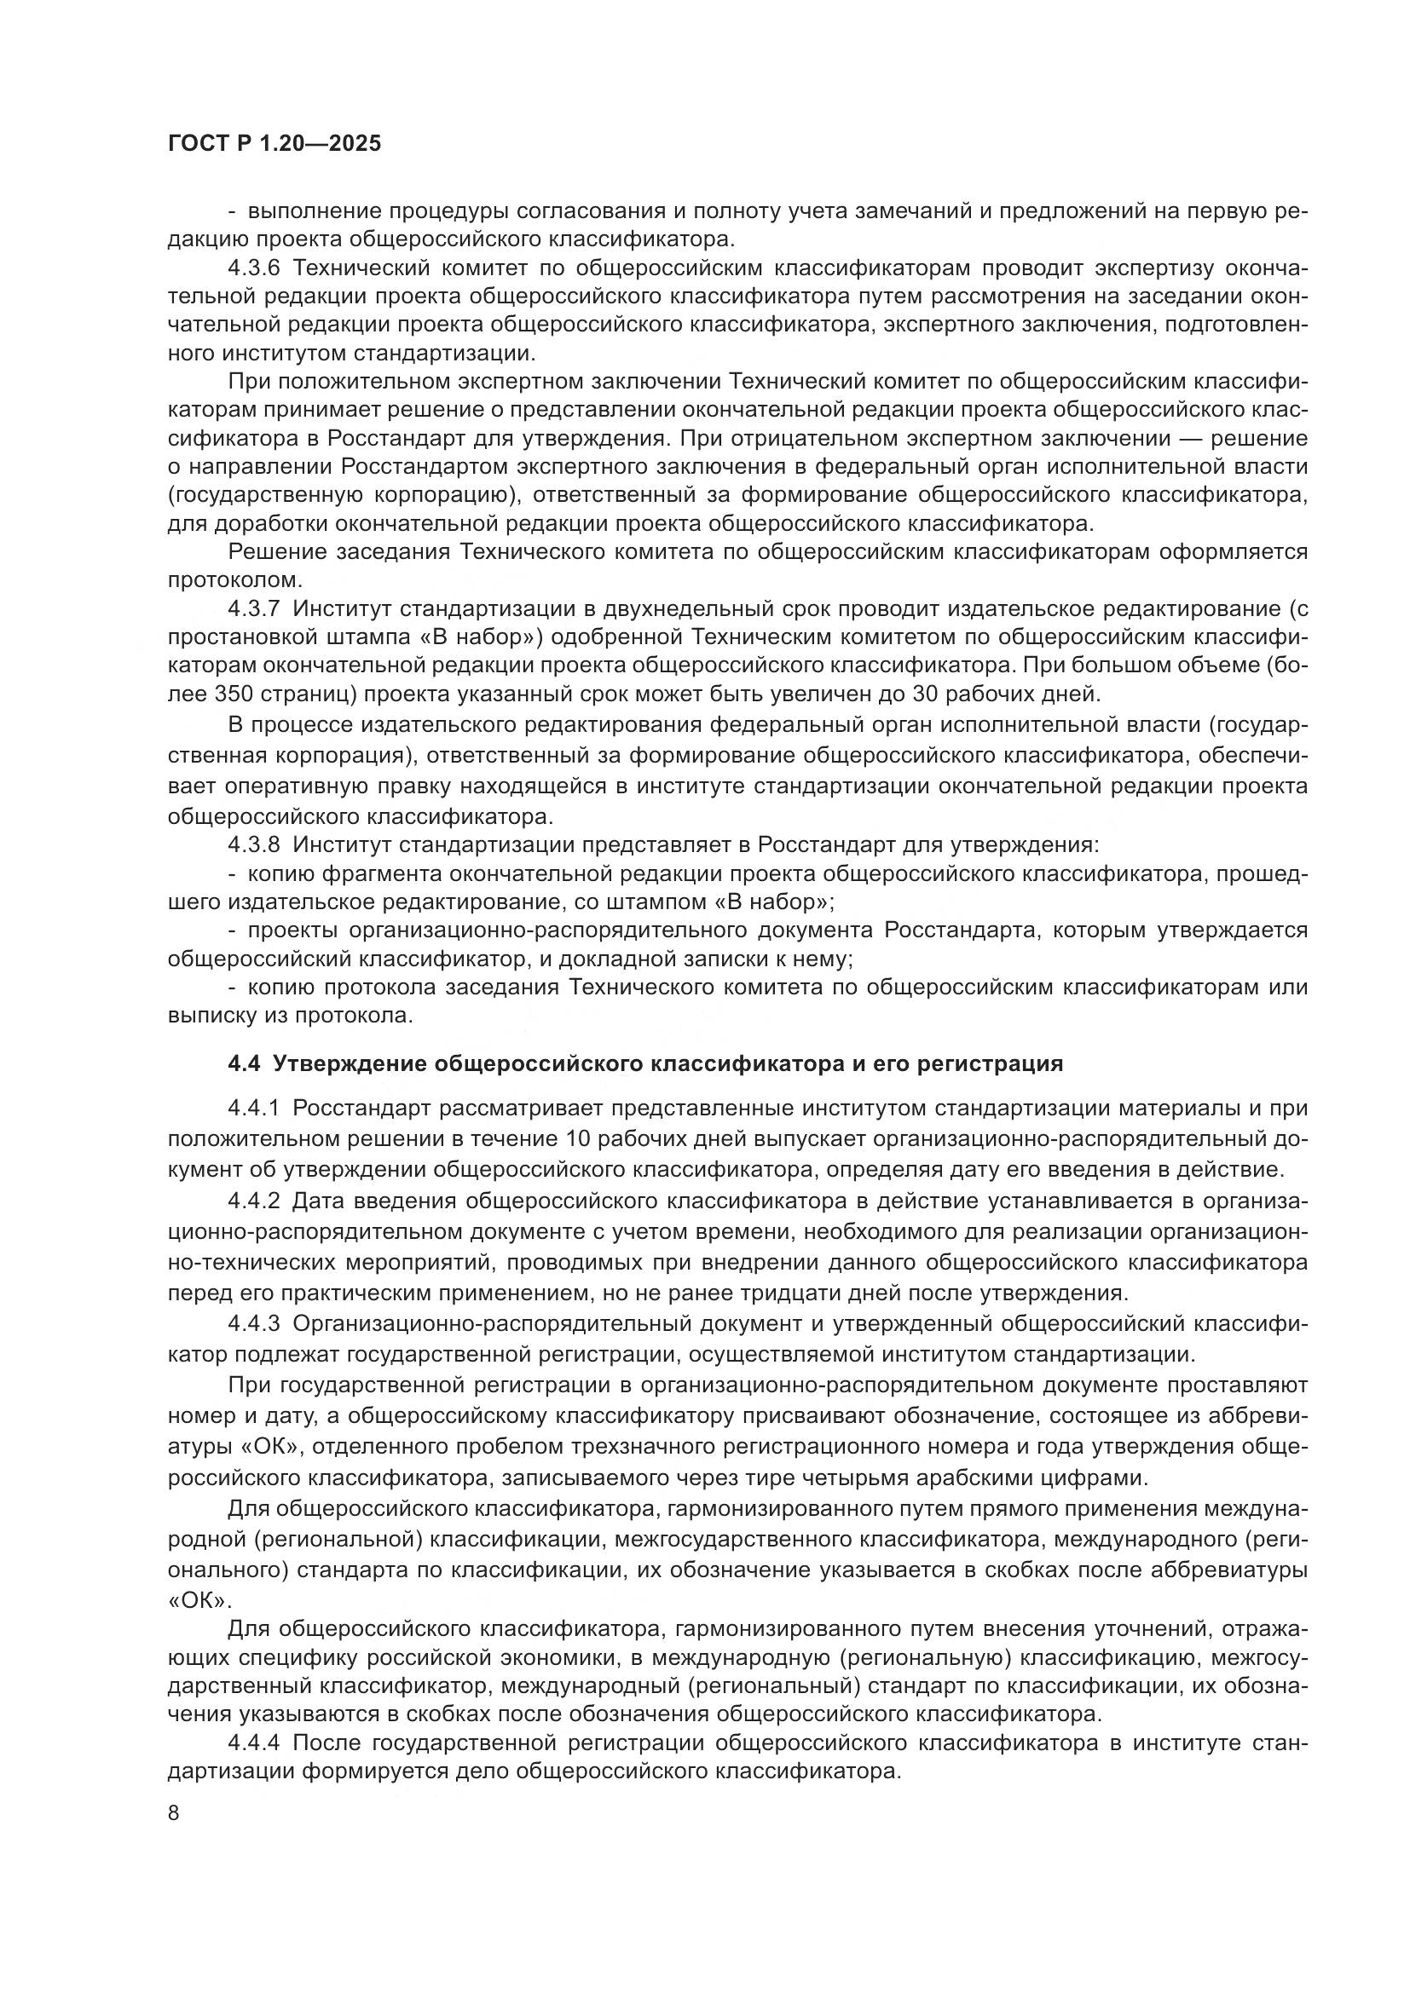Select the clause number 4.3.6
pyautogui.click(x=253, y=268)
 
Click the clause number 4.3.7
pyautogui.click(x=253, y=609)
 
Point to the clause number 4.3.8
pyautogui.click(x=253, y=844)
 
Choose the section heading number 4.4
pyautogui.click(x=244, y=1064)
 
